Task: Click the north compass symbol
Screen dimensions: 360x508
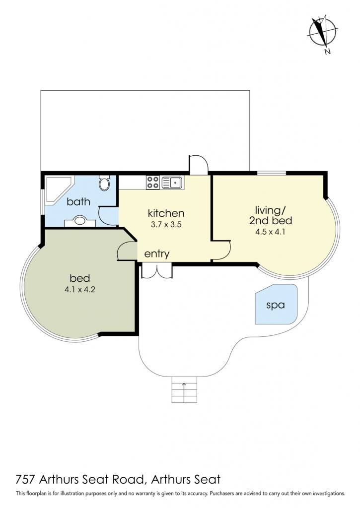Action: point(323,32)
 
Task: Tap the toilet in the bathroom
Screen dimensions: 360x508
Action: point(104,183)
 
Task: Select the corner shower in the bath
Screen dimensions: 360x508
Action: point(58,190)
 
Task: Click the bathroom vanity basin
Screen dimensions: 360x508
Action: point(80,221)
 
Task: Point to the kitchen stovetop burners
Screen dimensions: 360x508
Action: point(153,183)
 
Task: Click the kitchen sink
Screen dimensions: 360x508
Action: point(172,183)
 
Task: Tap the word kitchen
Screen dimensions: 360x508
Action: point(166,213)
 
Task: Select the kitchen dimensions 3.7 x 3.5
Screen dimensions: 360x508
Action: point(166,224)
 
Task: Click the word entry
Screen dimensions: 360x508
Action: point(156,254)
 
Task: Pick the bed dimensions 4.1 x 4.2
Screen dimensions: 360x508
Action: point(80,289)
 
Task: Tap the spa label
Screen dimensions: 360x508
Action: point(276,305)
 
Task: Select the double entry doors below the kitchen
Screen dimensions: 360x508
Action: point(157,271)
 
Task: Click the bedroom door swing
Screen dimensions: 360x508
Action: point(127,251)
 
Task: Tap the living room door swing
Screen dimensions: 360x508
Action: point(221,250)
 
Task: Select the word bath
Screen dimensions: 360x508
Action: point(78,201)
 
